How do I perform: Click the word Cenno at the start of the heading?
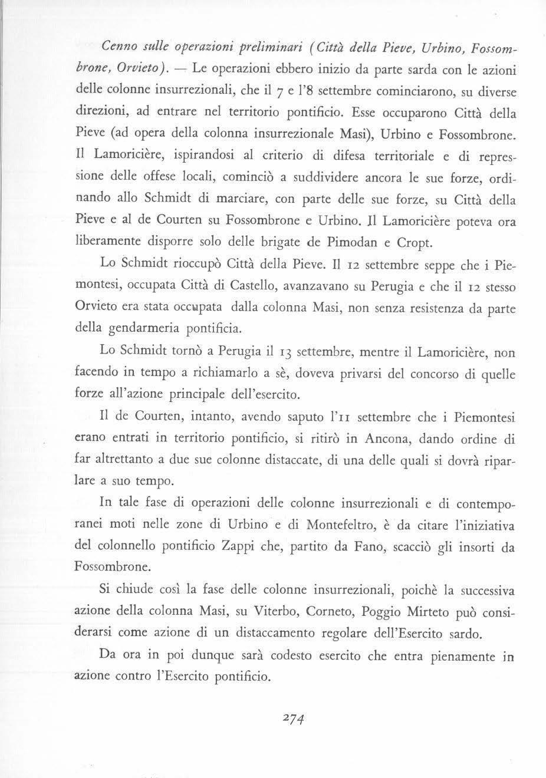[117, 48]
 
